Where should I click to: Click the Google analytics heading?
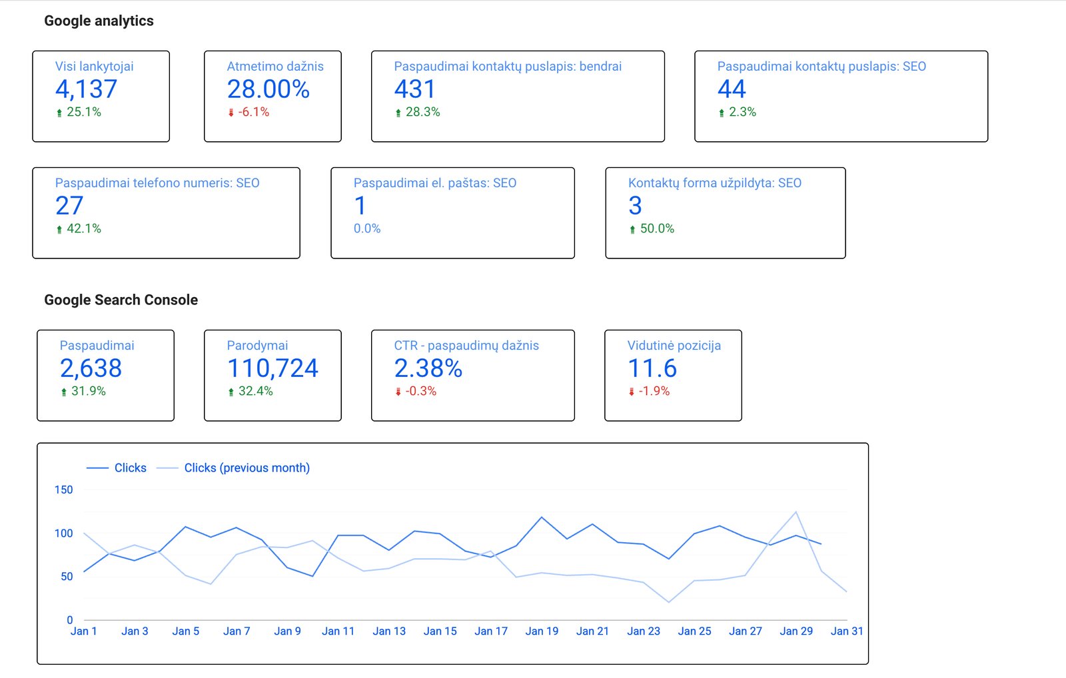click(99, 21)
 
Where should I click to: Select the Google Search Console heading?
click(121, 300)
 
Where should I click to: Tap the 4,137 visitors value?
click(86, 89)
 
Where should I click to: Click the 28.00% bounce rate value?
click(268, 89)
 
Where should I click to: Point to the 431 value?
click(414, 89)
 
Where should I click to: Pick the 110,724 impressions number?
click(272, 368)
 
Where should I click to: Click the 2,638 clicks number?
click(91, 368)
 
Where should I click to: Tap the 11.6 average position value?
click(652, 368)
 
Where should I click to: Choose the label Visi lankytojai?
click(94, 67)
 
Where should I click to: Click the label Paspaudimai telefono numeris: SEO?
click(157, 183)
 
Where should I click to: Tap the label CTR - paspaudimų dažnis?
click(466, 346)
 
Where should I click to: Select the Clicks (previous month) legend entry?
click(247, 468)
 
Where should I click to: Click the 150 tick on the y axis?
click(64, 490)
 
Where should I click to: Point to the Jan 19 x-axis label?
click(542, 631)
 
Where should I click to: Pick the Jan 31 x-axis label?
click(847, 631)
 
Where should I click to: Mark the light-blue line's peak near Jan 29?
click(796, 511)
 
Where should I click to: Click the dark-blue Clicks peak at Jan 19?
click(542, 517)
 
